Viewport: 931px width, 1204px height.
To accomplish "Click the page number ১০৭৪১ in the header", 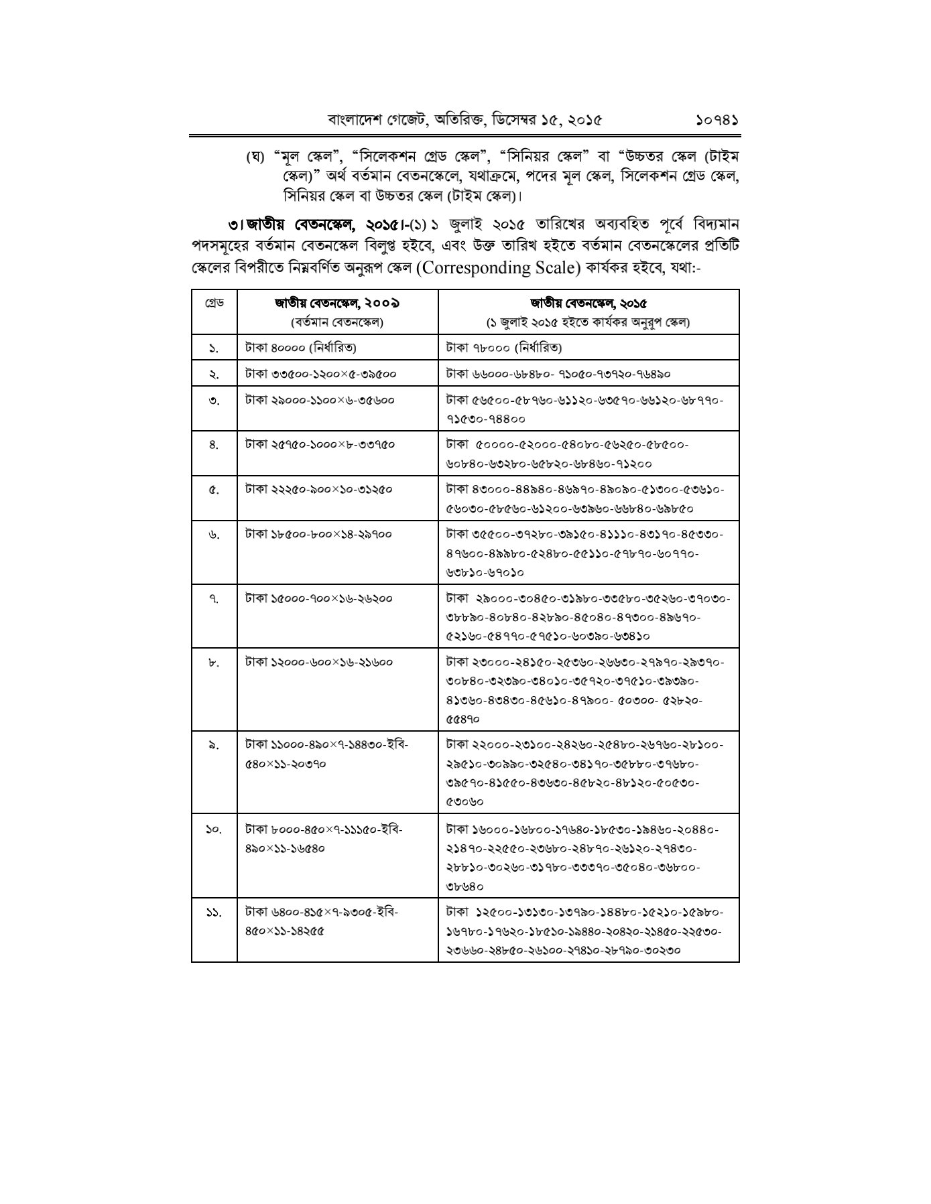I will coord(717,121).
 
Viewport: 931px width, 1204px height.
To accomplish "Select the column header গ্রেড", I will coord(214,302).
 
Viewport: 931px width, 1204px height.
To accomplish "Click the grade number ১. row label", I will coord(213,348).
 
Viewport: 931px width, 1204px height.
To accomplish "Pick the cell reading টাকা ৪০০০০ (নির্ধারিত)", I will coord(300,348).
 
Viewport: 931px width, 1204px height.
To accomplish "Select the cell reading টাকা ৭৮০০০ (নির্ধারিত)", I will coord(504,348).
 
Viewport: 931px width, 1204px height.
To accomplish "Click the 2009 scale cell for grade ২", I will coord(320,374).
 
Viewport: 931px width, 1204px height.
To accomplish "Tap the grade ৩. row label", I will coord(213,401).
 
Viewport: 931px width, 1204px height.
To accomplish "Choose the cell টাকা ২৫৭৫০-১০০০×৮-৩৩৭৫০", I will coord(320,444).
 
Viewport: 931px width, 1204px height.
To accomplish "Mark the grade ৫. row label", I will coord(213,489).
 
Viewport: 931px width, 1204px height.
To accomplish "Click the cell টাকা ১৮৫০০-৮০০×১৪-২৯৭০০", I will coord(318,534).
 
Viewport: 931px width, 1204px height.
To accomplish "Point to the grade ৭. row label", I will coord(213,598).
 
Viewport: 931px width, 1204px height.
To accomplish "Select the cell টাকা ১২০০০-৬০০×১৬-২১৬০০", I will coord(318,662).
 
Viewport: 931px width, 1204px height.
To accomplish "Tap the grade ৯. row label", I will coord(213,744).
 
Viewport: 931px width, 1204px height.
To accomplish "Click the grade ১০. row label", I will coord(213,829).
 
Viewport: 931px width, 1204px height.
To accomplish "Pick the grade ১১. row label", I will coord(213,912).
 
